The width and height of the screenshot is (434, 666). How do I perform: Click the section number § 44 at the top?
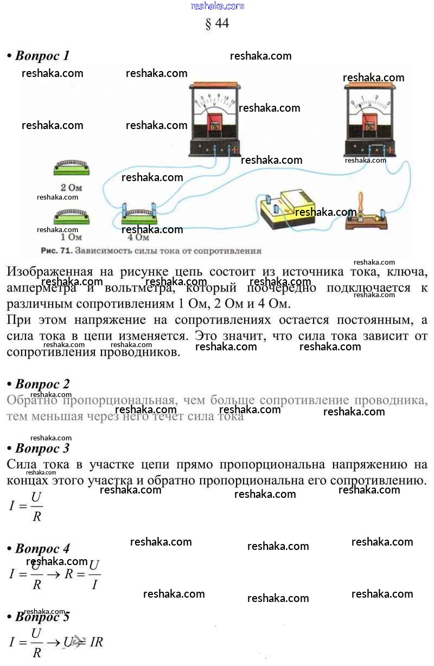(217, 23)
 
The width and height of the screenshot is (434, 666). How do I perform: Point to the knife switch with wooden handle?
(365, 214)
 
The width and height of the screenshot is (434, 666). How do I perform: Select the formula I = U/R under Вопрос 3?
(26, 507)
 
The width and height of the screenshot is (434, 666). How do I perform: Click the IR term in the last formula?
(96, 643)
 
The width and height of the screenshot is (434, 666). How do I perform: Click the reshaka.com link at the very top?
(218, 6)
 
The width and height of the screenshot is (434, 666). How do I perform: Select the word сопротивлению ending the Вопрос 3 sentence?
(379, 481)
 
